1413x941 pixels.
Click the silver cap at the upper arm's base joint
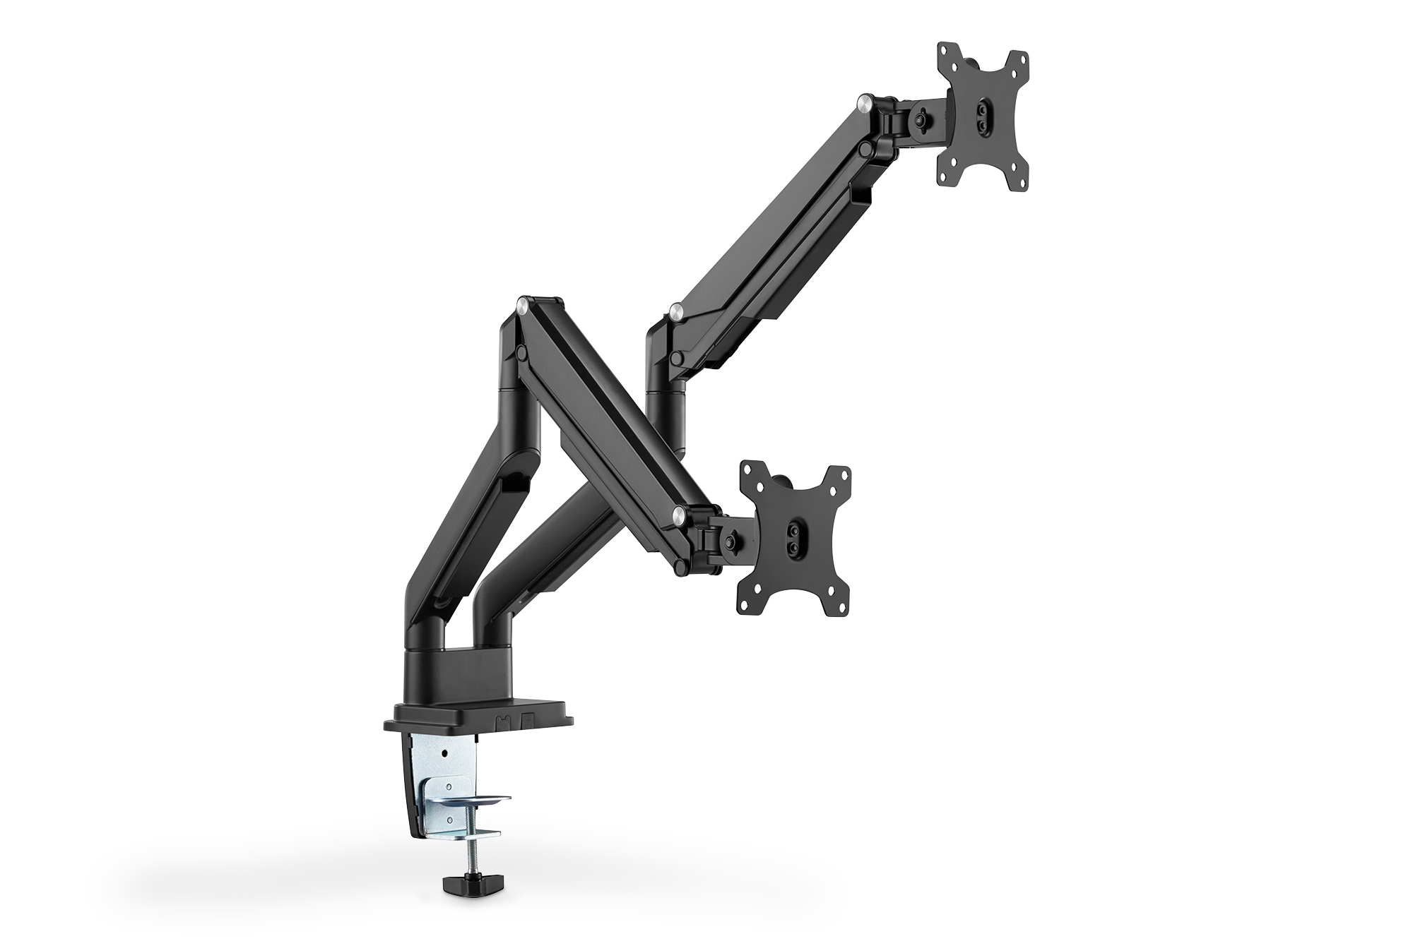tap(676, 310)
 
